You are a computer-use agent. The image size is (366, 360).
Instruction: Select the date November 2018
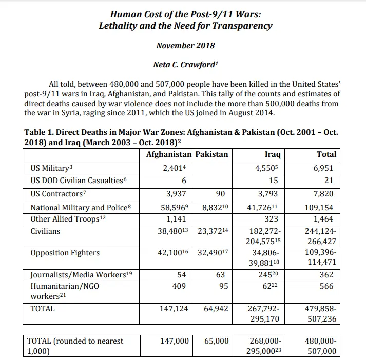click(x=185, y=45)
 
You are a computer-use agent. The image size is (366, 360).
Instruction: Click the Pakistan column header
click(x=212, y=154)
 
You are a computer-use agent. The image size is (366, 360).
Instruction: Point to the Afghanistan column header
click(x=168, y=154)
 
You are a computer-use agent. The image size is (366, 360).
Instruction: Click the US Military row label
click(x=49, y=167)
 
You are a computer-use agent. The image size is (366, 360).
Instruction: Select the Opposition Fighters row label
click(x=65, y=253)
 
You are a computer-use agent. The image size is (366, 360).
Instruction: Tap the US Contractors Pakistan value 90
click(x=222, y=193)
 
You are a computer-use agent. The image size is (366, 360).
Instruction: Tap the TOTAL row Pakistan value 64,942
click(x=216, y=309)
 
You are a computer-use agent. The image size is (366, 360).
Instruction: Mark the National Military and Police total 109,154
click(x=319, y=208)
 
